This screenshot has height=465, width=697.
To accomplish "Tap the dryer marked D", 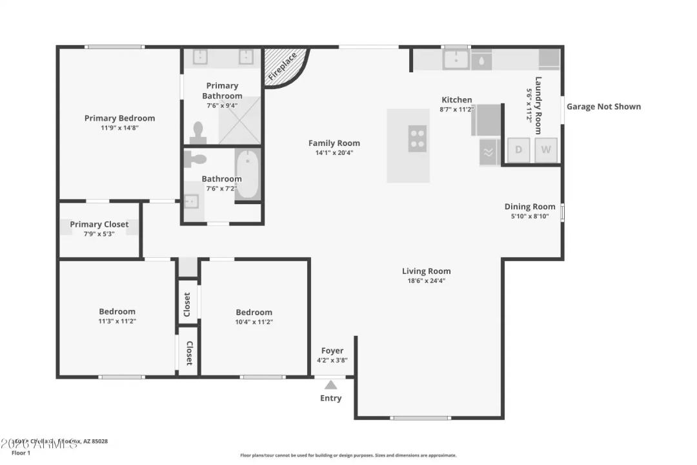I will pos(518,150).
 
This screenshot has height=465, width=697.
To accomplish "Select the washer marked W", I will pos(546,150).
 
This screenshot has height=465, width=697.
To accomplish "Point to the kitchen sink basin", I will pos(456,60).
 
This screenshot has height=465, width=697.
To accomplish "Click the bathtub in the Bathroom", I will pos(247,174).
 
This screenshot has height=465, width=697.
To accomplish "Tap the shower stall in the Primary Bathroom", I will pos(240,120).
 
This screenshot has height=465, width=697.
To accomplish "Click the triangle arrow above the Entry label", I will pos(330,385).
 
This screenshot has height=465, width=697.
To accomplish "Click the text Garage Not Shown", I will pos(603,107).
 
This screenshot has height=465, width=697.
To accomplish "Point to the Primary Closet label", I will pos(99,224).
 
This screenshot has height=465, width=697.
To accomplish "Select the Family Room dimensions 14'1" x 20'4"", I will pos(334,153).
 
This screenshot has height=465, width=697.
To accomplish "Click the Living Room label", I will pos(426,271).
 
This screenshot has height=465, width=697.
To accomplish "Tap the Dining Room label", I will pos(530,207).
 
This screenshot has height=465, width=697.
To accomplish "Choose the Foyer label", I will pos(332,351).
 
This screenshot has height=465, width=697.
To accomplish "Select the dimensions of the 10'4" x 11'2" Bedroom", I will pos(254,322).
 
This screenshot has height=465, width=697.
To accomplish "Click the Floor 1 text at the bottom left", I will pos(21,453).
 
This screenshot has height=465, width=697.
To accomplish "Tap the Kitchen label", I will pos(456,99).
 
